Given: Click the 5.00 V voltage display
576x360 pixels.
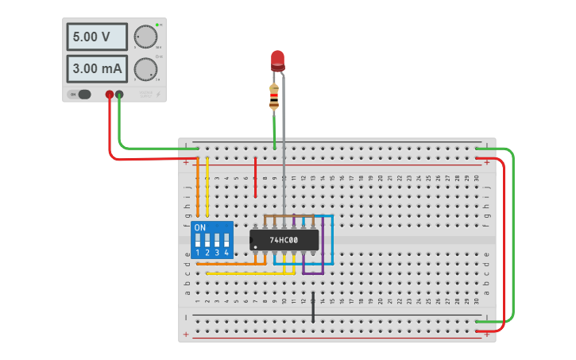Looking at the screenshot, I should tap(97, 37).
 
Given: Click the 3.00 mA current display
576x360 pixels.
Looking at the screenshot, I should tap(97, 68).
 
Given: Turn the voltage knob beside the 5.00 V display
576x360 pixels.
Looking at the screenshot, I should tap(145, 37).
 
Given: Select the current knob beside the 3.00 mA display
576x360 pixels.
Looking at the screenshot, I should tap(145, 68).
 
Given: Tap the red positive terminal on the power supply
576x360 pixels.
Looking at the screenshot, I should tap(110, 95).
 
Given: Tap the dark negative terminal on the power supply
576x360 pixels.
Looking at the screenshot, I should tap(119, 95).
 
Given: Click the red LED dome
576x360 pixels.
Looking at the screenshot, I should tap(277, 59).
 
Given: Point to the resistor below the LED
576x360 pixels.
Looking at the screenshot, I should tap(274, 97).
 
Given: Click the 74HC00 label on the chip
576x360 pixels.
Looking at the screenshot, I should tap(284, 239).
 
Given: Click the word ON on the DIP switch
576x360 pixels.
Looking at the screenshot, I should tap(199, 226).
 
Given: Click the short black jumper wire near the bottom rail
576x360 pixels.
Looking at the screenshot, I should tap(313, 307).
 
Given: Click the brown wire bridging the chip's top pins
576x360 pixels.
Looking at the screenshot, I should tap(284, 215).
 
